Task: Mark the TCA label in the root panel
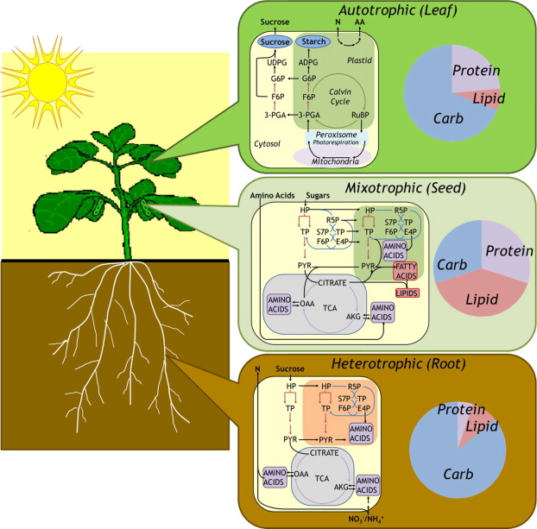pos(324,478)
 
